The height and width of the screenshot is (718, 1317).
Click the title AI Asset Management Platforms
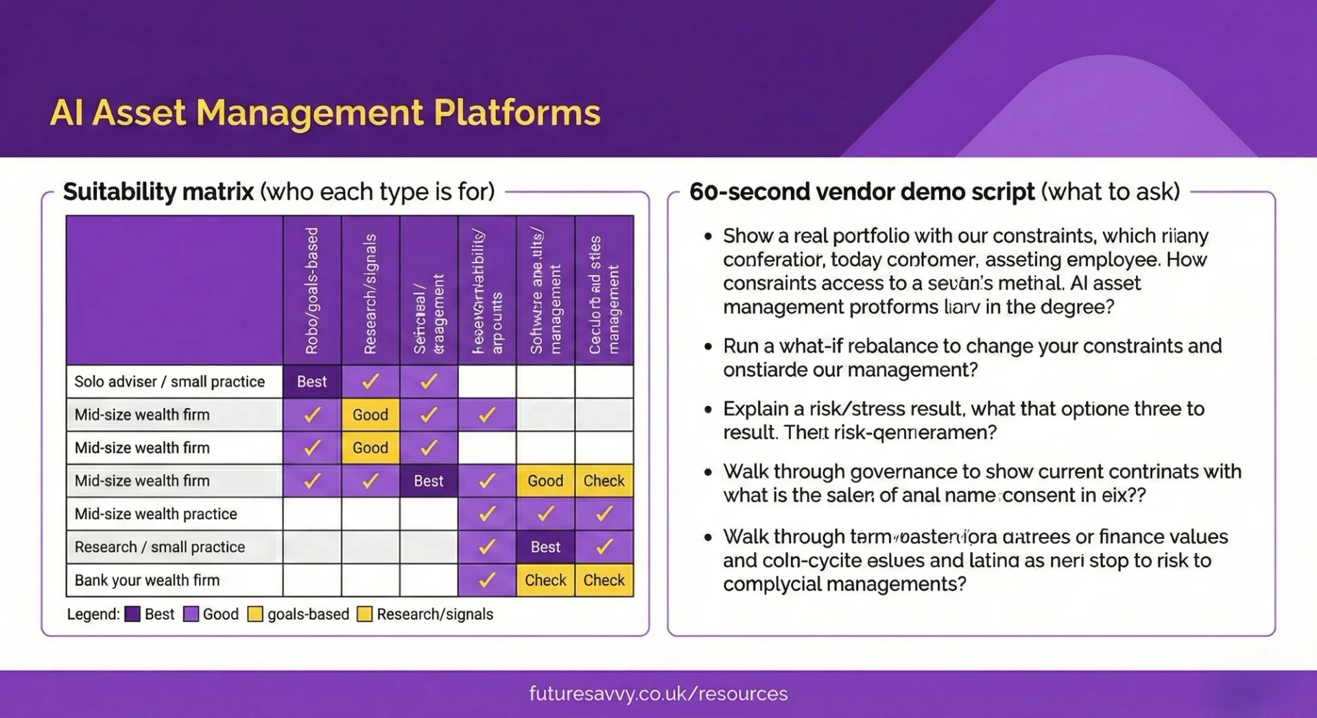[x=325, y=113]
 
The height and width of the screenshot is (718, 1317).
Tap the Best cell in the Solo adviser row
[x=311, y=382]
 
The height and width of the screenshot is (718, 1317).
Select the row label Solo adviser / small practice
[x=169, y=382]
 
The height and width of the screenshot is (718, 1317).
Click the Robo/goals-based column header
[x=311, y=291]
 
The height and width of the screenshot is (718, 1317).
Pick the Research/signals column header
[x=370, y=294]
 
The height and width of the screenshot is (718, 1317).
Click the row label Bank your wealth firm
[x=147, y=580]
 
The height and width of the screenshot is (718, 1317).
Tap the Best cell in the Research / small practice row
[x=545, y=547]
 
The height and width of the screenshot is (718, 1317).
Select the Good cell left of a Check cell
[x=545, y=481]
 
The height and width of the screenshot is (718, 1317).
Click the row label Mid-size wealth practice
[x=156, y=514]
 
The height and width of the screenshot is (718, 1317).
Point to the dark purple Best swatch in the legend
[x=132, y=614]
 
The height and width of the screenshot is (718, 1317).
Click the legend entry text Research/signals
[x=435, y=614]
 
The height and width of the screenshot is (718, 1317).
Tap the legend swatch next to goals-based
[x=255, y=614]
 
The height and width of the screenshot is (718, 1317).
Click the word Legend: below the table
[x=93, y=614]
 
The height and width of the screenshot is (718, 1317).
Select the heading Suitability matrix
[x=158, y=191]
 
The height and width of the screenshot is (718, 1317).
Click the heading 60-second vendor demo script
[x=862, y=191]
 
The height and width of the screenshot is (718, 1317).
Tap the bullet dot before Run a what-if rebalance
[x=709, y=346]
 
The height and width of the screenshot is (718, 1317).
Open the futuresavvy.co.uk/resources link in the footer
[x=658, y=693]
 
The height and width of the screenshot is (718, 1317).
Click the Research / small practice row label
[x=159, y=547]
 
